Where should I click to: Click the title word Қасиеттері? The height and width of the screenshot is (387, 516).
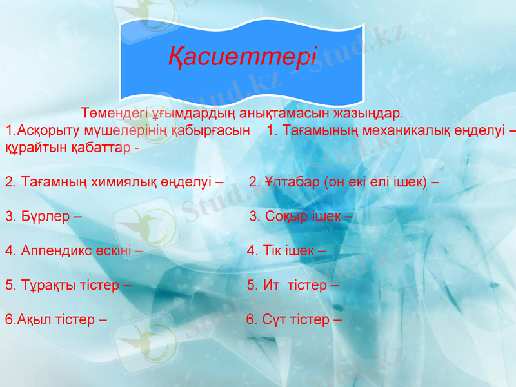coord(243,57)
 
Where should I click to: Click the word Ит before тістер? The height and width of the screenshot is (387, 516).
coord(271,284)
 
